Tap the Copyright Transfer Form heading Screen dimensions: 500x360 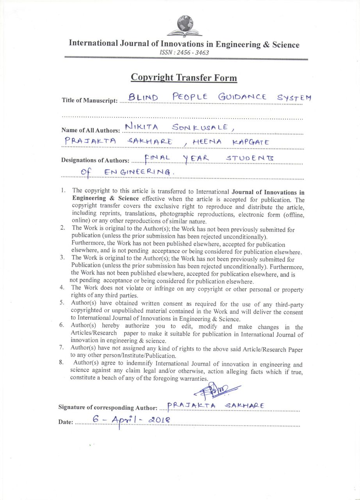[184, 77]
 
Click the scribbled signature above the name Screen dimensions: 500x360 [216, 391]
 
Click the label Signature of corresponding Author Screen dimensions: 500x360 [108, 407]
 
